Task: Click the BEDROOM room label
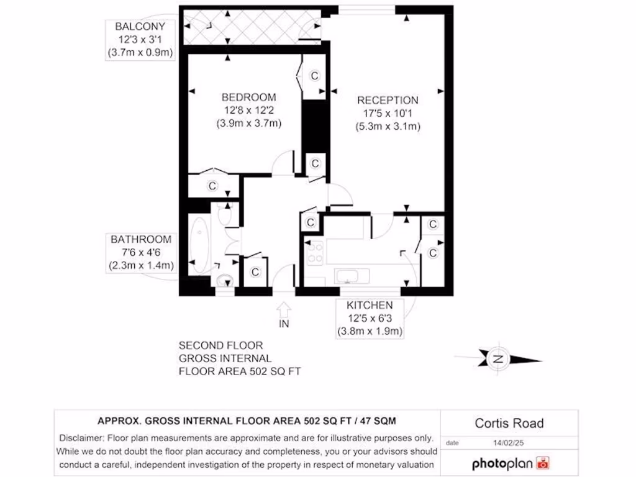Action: click(248, 98)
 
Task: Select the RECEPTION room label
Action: click(387, 100)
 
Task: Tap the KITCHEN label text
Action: click(370, 305)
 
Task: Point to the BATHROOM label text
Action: click(140, 240)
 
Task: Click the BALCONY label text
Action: click(140, 27)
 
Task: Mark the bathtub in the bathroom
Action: click(201, 247)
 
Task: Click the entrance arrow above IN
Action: click(284, 309)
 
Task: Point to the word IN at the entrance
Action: click(284, 324)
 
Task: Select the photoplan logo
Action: click(511, 463)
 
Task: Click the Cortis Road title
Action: click(509, 424)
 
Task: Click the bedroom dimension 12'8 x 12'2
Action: click(248, 111)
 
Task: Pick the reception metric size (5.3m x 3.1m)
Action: click(388, 127)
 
